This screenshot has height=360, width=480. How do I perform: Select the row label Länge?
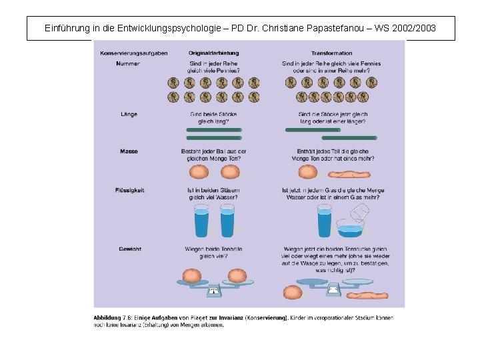point(129,114)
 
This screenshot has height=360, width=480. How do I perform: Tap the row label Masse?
point(129,151)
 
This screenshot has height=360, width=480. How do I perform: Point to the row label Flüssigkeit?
point(129,190)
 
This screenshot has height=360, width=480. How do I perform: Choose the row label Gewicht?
point(129,249)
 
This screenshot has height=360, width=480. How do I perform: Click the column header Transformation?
point(331,53)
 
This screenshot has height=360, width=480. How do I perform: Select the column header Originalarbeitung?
point(213,53)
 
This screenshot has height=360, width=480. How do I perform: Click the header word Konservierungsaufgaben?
point(134,53)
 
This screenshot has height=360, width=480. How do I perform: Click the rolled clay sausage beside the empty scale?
point(363,295)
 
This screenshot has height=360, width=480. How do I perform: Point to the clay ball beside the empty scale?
point(293,292)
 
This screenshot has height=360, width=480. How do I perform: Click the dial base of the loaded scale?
point(214,289)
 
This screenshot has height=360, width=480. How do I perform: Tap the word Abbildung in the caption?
point(107,318)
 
